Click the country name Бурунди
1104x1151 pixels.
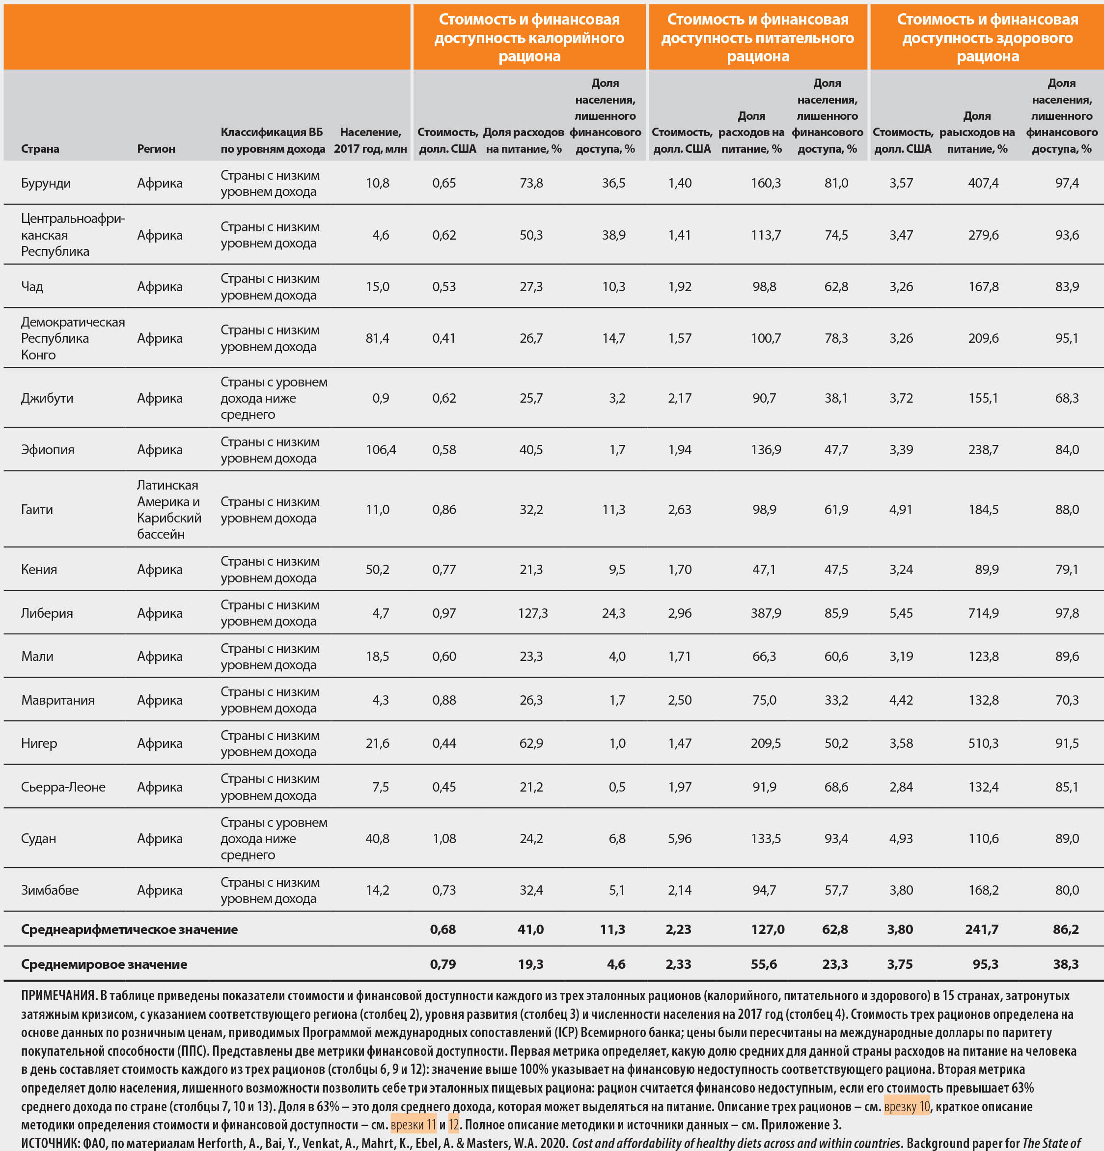46,183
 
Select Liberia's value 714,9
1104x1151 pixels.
983,613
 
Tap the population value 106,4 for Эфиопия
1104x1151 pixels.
381,450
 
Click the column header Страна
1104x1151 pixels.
40,149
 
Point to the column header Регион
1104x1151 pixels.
156,149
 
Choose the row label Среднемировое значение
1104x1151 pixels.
104,964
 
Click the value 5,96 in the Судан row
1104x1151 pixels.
679,839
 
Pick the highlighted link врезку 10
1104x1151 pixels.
907,1106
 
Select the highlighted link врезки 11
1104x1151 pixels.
414,1124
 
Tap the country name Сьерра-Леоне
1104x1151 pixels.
63,787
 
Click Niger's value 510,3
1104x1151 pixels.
983,743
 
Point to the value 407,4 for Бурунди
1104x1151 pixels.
983,183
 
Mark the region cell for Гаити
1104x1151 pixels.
168,509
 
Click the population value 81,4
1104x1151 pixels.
377,338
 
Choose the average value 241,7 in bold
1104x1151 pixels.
981,929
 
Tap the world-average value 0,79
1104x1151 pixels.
443,964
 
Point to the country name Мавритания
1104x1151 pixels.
57,700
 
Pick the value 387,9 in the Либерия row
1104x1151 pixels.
766,613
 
